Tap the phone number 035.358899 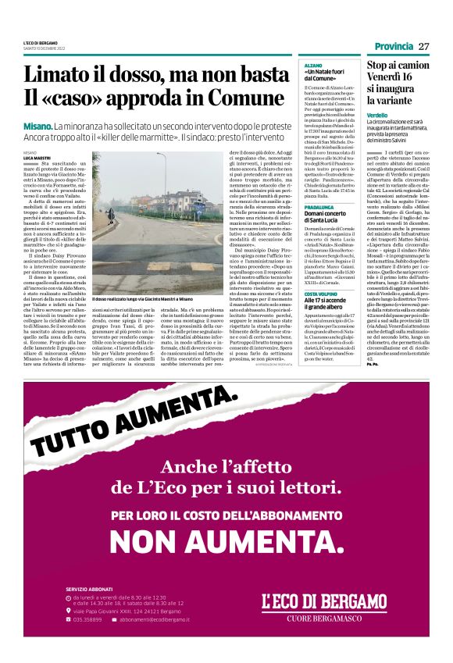click(87, 619)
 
